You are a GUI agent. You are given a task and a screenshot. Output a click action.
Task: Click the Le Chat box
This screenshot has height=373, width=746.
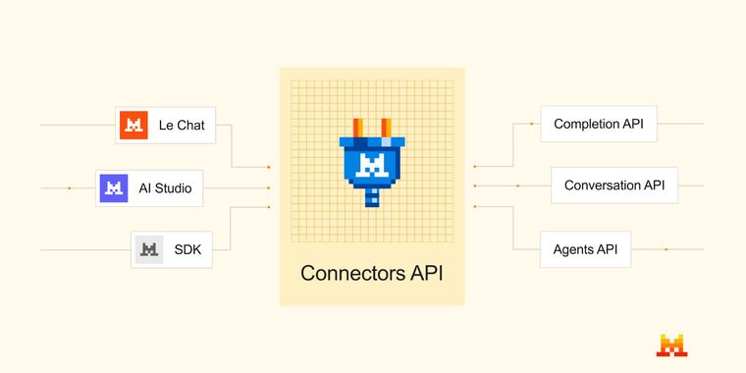point(165,125)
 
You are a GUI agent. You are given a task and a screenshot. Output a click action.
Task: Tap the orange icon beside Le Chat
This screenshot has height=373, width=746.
point(133,125)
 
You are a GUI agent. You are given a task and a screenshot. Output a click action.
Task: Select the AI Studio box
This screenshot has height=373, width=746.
point(149,187)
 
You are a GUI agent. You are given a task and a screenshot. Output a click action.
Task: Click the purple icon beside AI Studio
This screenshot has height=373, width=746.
point(115,187)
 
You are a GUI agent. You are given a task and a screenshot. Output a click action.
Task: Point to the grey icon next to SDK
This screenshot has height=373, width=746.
point(148,249)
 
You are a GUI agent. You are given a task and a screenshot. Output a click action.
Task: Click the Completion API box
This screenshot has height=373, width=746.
point(599,124)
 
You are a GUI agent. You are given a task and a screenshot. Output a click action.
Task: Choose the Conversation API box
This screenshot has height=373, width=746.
point(614,185)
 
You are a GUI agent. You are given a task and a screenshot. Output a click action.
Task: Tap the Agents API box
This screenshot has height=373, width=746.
point(585,249)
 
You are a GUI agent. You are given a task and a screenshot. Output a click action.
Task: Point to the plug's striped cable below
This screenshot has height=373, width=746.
point(371,197)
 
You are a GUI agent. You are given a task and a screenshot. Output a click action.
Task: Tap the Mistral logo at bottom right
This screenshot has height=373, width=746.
point(672,345)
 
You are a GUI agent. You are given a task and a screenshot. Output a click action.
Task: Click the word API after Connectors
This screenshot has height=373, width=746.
point(425,273)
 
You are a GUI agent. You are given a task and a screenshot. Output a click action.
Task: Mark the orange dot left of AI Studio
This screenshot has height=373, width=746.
point(69,187)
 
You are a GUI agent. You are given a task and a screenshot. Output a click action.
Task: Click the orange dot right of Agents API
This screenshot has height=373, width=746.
point(666,249)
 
